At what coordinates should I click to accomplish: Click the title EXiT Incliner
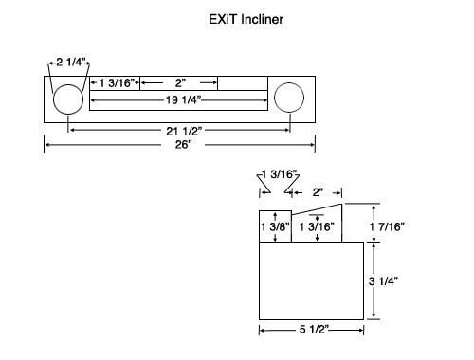[x=246, y=19]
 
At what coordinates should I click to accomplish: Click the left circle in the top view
[x=53, y=99]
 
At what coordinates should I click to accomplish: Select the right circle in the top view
[x=274, y=98]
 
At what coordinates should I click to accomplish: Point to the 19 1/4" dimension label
[x=183, y=100]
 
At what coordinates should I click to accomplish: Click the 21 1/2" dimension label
[x=184, y=131]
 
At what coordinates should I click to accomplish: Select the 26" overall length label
[x=184, y=145]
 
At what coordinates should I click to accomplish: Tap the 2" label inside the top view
[x=180, y=83]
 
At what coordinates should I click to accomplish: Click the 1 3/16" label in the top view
[x=117, y=83]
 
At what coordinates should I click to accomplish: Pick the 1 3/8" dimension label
[x=275, y=226]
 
